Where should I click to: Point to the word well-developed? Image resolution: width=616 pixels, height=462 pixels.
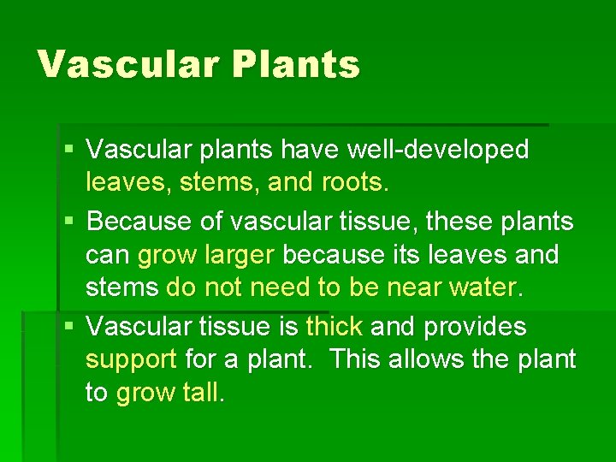(x=438, y=151)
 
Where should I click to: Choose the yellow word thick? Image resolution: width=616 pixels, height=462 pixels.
(x=335, y=327)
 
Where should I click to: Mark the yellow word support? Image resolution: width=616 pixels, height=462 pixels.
(x=131, y=360)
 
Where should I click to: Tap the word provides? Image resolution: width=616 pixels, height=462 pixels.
(x=476, y=327)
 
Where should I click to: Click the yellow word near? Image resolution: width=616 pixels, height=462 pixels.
(x=414, y=287)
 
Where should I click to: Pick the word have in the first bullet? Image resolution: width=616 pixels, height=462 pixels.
(x=313, y=151)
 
